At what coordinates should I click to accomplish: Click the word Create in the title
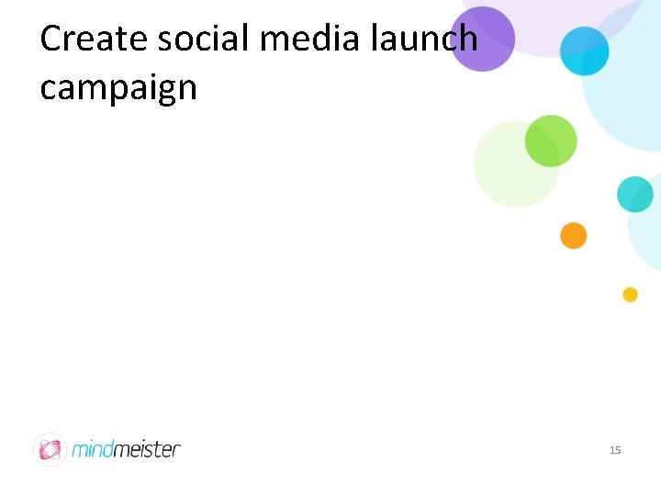[x=92, y=39]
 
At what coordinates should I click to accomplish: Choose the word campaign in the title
[x=118, y=88]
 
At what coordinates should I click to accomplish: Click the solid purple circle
[x=481, y=39]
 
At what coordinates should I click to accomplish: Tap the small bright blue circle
[x=585, y=51]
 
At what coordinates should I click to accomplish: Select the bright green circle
[x=551, y=141]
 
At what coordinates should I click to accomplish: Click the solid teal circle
[x=634, y=195]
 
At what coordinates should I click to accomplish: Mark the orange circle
[x=574, y=235]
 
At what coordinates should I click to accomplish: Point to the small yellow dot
[x=630, y=295]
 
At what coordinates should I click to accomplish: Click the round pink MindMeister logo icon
[x=50, y=449]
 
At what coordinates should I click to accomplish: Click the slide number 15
[x=615, y=450]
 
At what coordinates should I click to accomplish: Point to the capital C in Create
[x=51, y=39]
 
